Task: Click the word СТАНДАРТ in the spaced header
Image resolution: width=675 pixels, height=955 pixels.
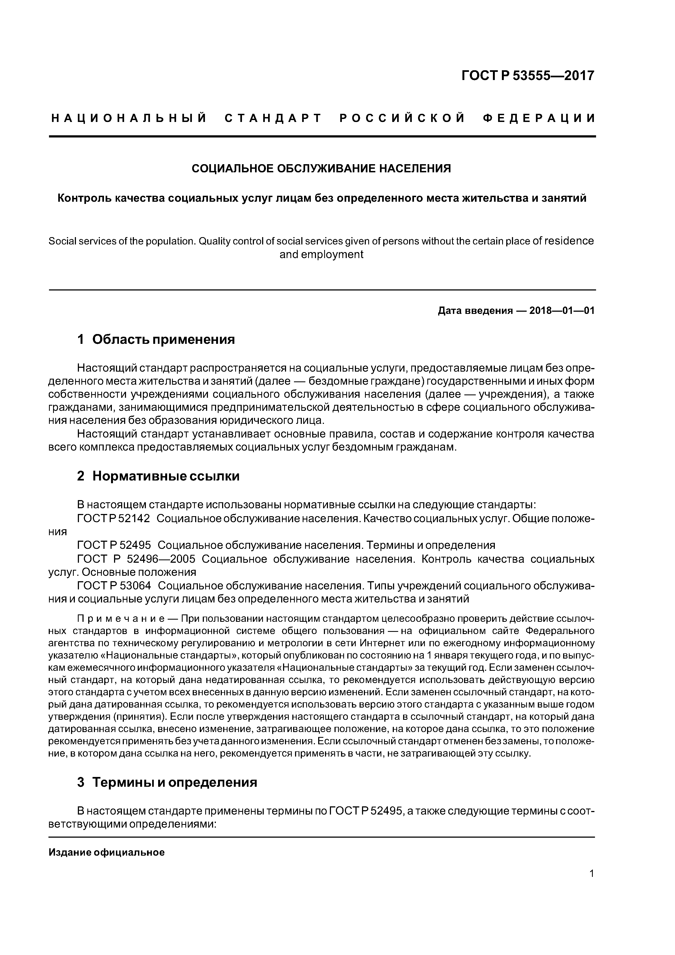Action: pyautogui.click(x=273, y=118)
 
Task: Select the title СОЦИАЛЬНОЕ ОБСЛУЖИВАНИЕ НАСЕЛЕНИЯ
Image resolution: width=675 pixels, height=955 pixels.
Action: pyautogui.click(x=321, y=169)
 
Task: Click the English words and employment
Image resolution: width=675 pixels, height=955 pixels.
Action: pyautogui.click(x=321, y=255)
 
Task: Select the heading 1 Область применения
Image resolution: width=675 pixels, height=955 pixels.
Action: pyautogui.click(x=156, y=339)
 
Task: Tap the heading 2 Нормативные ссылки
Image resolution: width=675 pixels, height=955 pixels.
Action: pyautogui.click(x=158, y=476)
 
